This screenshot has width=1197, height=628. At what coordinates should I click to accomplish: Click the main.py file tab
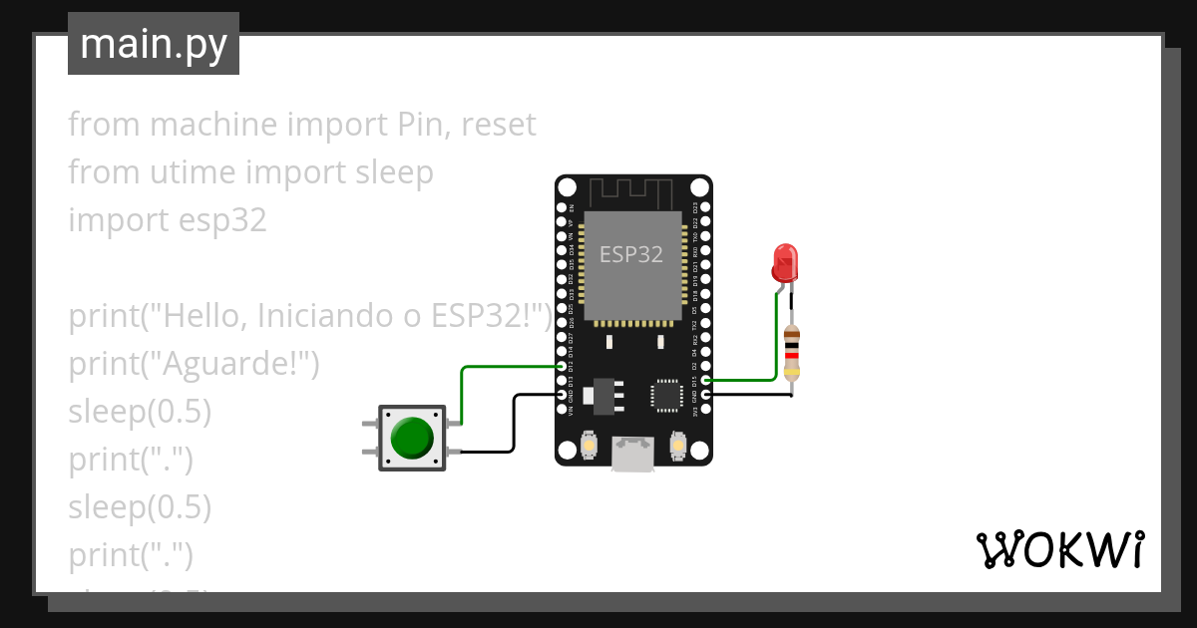tap(154, 44)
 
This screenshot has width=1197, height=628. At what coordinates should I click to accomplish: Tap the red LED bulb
tap(785, 261)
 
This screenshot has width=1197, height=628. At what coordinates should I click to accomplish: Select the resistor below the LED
tap(792, 353)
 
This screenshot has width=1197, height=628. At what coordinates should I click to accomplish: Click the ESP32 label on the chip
tap(630, 254)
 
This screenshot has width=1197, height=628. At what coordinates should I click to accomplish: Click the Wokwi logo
tap(1059, 549)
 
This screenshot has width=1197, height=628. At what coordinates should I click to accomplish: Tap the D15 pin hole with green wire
tap(706, 380)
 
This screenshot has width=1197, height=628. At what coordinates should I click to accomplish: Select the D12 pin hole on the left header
tap(562, 367)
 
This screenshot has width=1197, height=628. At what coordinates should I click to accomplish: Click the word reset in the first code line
tap(499, 125)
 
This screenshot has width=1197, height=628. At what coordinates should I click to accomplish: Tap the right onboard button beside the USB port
tap(678, 443)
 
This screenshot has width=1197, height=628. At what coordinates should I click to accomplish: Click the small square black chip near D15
tap(665, 394)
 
